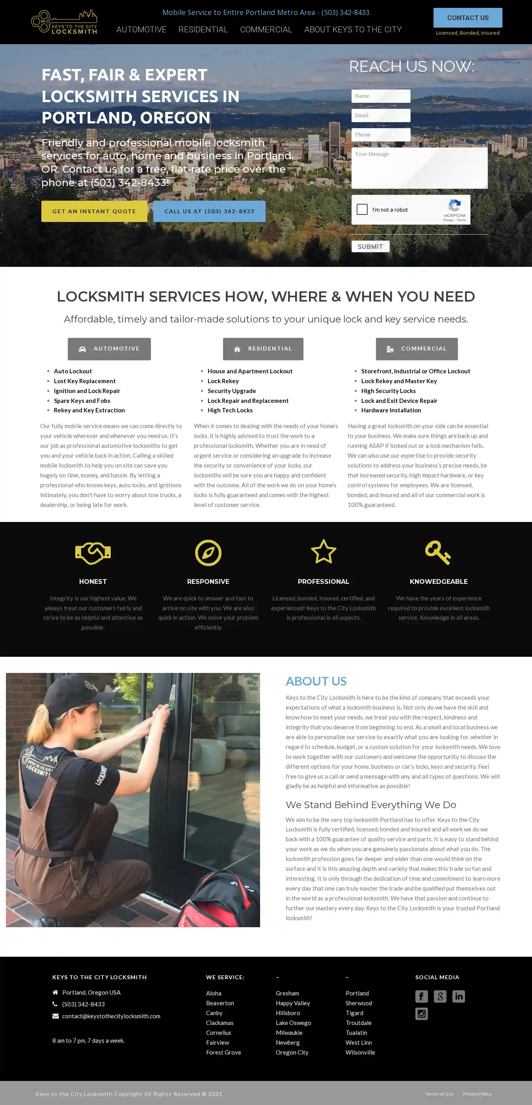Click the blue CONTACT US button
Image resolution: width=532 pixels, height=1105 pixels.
click(x=467, y=18)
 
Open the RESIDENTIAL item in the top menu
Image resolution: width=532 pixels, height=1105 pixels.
click(x=203, y=30)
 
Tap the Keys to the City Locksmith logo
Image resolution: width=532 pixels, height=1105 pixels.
click(x=64, y=22)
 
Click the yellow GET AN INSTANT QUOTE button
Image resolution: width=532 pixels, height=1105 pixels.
click(x=94, y=211)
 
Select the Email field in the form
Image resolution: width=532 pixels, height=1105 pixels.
click(x=381, y=116)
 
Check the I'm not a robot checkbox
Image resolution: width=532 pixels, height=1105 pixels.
click(x=362, y=209)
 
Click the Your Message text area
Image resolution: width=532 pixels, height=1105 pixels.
click(x=419, y=168)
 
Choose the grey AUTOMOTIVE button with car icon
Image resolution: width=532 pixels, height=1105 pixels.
click(x=109, y=349)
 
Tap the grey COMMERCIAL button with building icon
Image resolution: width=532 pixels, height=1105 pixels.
click(x=417, y=349)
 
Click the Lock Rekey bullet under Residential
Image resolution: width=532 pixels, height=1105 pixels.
click(x=223, y=381)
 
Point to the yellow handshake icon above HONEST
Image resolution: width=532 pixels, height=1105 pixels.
click(x=93, y=553)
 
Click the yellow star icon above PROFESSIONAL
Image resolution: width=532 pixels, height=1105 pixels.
click(x=323, y=552)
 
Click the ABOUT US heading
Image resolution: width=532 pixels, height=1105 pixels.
click(x=316, y=681)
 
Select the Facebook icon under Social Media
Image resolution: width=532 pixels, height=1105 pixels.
click(x=421, y=996)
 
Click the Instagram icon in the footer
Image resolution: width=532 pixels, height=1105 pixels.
click(x=421, y=1014)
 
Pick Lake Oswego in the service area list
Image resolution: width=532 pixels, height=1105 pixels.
click(x=293, y=1023)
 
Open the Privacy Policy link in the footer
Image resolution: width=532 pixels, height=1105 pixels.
click(x=477, y=1094)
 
